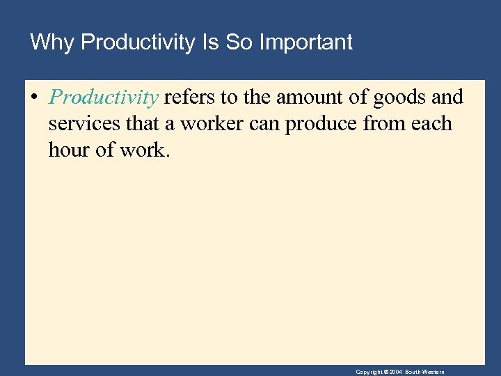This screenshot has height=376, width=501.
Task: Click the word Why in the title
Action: [x=52, y=42]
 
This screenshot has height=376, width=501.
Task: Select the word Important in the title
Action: [x=305, y=42]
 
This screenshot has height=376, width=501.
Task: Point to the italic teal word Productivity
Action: [x=104, y=97]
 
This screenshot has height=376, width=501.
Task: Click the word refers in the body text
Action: [x=189, y=97]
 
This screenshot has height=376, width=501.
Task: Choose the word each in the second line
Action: [x=431, y=124]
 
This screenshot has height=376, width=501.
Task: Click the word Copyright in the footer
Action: [x=369, y=372]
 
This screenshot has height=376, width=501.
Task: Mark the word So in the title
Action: [x=240, y=42]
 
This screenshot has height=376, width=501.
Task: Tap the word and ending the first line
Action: [x=448, y=97]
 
